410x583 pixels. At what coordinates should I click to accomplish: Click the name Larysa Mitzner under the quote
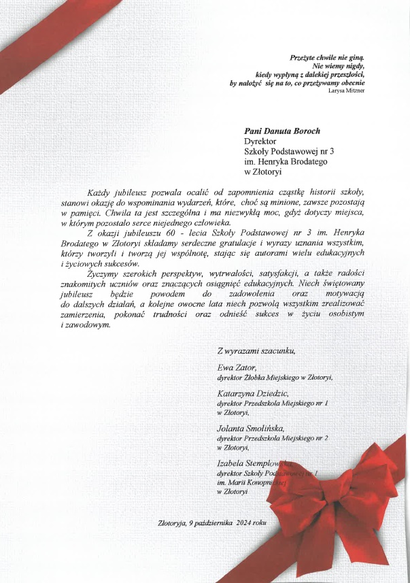click(346, 90)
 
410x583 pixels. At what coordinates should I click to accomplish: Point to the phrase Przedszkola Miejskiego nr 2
click(286, 439)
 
